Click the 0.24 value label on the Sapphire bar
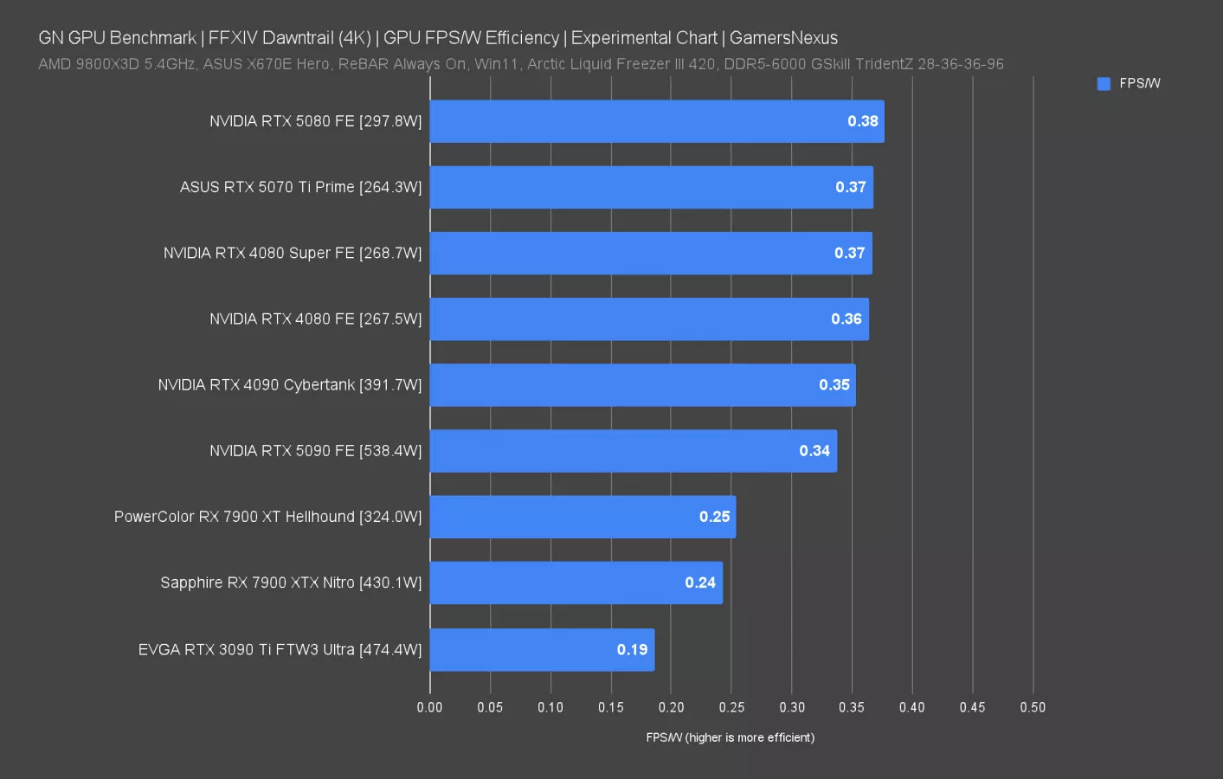[x=700, y=583]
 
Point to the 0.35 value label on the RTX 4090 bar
[x=834, y=385]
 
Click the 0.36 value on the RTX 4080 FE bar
[x=846, y=319]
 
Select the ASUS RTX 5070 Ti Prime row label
[x=300, y=187]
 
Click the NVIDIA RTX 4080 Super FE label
[x=293, y=253]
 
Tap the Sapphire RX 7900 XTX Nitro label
[x=291, y=583]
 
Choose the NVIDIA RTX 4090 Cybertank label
[x=289, y=385]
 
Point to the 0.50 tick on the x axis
[x=1033, y=707]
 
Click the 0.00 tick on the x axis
[x=429, y=707]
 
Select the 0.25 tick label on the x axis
[x=731, y=707]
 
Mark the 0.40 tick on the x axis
[x=911, y=707]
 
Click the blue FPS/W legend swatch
[x=1104, y=83]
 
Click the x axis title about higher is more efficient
[x=730, y=737]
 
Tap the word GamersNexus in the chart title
[x=783, y=38]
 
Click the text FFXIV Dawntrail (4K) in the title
[x=289, y=38]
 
